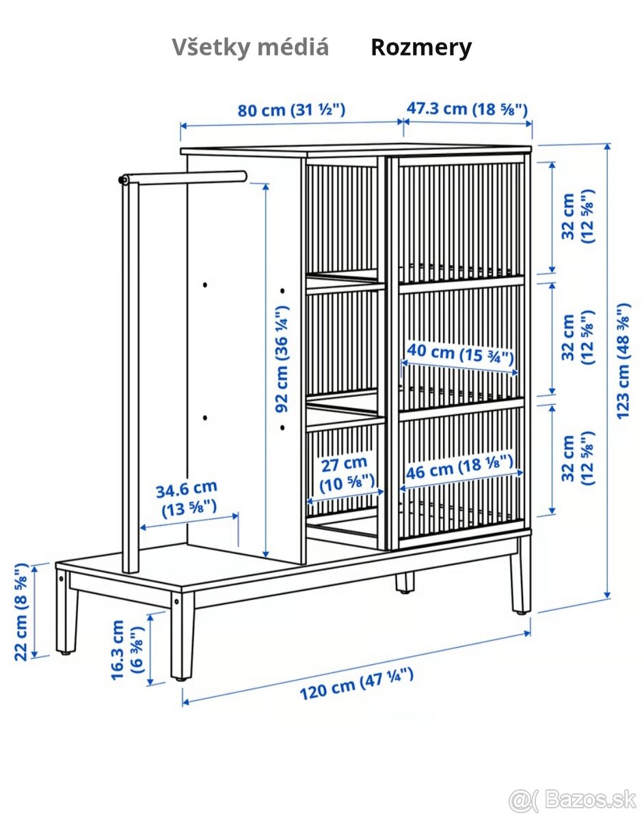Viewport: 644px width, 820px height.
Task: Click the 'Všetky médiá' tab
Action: (x=250, y=47)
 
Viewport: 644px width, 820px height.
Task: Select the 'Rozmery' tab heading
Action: (x=421, y=48)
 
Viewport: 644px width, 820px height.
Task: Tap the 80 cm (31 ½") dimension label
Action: (x=291, y=110)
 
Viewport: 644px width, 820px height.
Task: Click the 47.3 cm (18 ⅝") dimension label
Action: (x=467, y=109)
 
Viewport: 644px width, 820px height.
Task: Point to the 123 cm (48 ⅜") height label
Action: (x=623, y=361)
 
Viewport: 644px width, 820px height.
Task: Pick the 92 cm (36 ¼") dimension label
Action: (x=282, y=359)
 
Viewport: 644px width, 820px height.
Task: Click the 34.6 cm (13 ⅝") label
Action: (x=187, y=499)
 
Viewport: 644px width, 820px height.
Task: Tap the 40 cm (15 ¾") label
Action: (x=460, y=354)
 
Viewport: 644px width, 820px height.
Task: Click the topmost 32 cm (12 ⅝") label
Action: (x=578, y=216)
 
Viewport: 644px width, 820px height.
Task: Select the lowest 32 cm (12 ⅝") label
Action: (x=578, y=458)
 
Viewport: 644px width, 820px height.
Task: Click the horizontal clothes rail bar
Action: (x=183, y=178)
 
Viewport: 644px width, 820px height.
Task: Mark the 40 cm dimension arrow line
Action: (x=459, y=368)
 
